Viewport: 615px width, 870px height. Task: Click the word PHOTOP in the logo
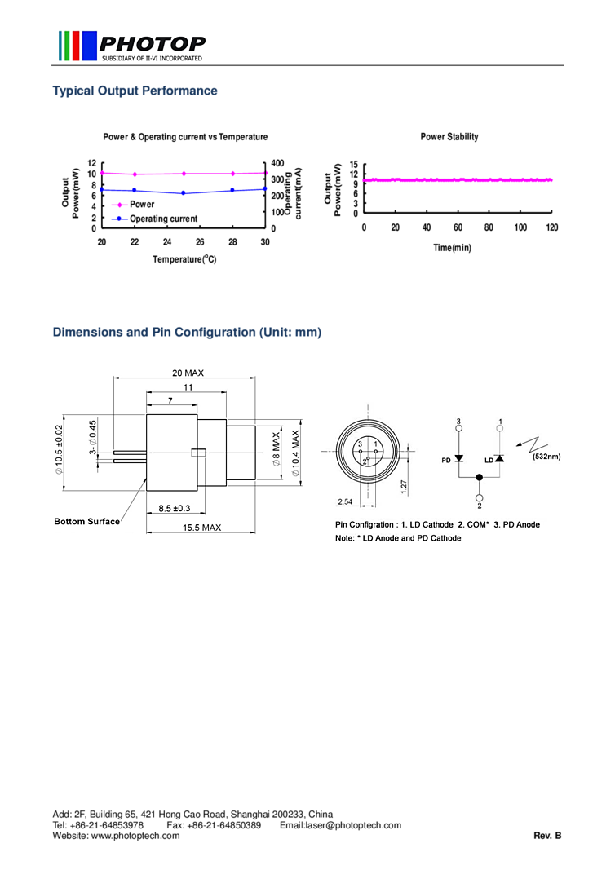coord(152,42)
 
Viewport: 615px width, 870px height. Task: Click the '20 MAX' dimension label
coord(188,373)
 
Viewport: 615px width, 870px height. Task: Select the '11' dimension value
coord(188,387)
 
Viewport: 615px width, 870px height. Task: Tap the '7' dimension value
coord(170,401)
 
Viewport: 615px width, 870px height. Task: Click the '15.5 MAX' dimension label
coord(201,528)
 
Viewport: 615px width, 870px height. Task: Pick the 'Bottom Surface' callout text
coord(86,521)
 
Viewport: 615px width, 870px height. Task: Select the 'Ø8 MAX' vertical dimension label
coord(276,449)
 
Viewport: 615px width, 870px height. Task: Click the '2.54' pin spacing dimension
coord(345,501)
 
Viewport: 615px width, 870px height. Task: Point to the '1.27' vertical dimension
coord(405,487)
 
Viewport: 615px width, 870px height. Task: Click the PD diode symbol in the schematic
coord(458,458)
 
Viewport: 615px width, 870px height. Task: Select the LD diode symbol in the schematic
coord(499,459)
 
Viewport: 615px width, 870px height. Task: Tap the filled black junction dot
coord(479,478)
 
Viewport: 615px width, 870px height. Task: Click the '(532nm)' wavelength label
coord(546,457)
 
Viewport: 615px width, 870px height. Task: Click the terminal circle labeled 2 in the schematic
coord(479,497)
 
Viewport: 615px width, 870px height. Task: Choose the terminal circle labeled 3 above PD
coord(458,429)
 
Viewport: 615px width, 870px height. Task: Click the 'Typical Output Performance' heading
coord(135,91)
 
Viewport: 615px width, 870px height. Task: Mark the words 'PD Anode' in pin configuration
coord(520,524)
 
